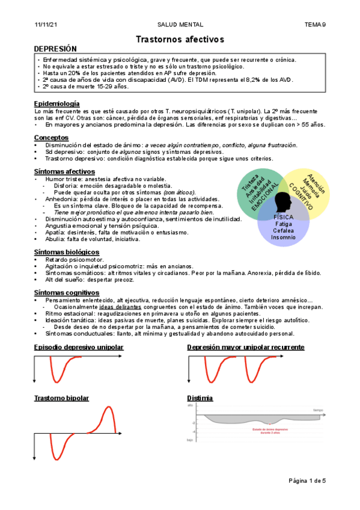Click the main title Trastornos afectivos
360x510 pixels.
(180, 39)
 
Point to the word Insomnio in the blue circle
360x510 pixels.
(284, 236)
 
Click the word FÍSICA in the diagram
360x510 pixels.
(284, 217)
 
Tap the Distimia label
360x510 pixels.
(200, 398)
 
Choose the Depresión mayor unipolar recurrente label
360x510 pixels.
(245, 347)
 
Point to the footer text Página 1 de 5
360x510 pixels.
(307, 481)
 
